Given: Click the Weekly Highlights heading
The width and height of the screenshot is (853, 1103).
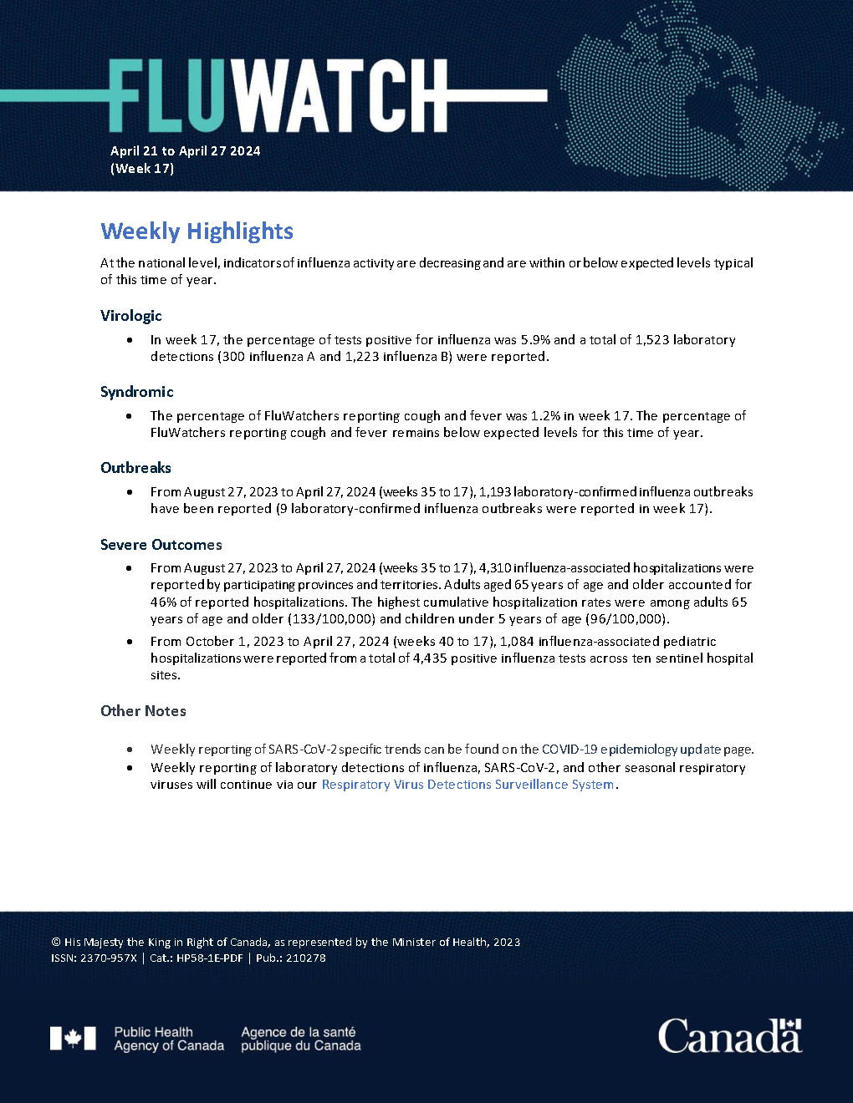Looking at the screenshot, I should click(197, 231).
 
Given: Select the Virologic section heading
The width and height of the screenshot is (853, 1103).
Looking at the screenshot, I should click(131, 316).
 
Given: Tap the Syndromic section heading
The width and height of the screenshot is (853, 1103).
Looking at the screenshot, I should click(137, 392).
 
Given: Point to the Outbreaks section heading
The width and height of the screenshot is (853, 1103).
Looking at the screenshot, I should click(135, 468).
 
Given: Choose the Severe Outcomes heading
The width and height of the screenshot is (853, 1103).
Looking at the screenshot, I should click(161, 545).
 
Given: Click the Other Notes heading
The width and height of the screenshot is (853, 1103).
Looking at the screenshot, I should click(143, 711).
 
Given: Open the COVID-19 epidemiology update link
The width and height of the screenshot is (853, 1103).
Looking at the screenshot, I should click(631, 750).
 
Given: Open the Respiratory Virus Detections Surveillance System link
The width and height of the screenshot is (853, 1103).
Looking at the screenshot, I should click(468, 785).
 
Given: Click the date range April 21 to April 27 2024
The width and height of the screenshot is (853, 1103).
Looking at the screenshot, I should click(185, 151).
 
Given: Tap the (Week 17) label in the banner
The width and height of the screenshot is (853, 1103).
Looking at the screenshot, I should click(142, 169).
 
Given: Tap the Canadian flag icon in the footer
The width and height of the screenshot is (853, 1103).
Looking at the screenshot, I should click(73, 1039).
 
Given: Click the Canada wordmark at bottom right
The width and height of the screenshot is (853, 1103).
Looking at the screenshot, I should click(729, 1036).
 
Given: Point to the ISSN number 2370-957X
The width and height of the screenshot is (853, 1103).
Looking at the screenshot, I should click(108, 958).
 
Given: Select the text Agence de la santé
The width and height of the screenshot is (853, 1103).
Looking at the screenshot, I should click(299, 1032).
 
